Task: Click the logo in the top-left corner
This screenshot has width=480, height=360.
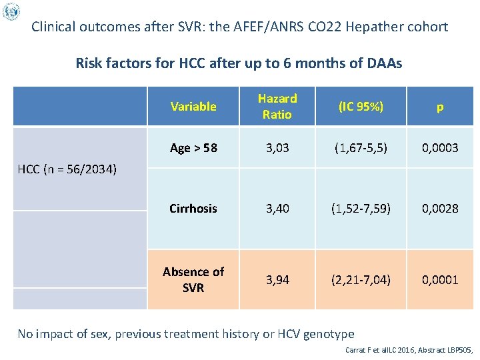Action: (11, 11)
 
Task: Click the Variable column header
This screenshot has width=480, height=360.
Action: (193, 106)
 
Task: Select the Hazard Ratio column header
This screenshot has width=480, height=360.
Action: (277, 106)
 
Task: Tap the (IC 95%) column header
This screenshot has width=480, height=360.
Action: (361, 106)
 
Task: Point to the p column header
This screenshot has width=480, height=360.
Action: (440, 106)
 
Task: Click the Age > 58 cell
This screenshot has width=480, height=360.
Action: (193, 148)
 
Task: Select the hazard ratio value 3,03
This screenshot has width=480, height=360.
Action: (277, 148)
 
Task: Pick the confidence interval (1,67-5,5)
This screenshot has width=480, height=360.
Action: (361, 148)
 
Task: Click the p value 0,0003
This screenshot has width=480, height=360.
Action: (440, 148)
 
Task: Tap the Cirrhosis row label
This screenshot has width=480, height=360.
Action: (193, 208)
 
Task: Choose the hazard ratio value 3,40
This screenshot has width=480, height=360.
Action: (277, 208)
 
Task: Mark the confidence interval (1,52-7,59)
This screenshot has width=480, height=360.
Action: (361, 208)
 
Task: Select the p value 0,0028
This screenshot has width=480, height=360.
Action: (440, 208)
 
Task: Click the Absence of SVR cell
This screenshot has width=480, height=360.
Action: (193, 279)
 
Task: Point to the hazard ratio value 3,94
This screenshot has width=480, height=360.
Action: (277, 279)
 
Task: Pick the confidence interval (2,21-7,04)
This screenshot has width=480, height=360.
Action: (361, 279)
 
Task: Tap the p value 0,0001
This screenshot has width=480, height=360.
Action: (440, 279)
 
